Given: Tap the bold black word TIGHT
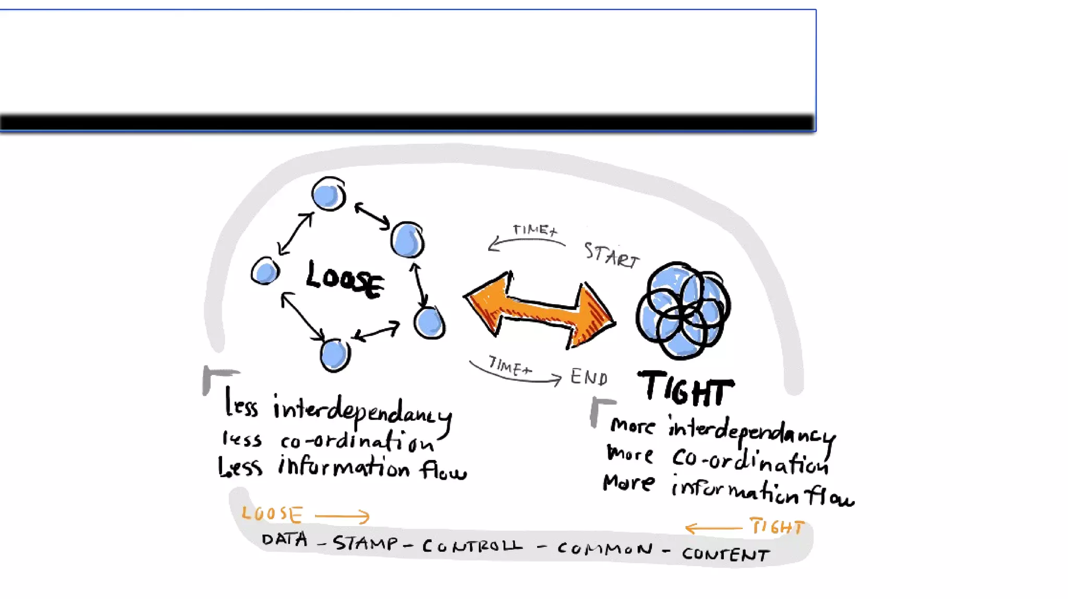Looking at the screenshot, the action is (685, 389).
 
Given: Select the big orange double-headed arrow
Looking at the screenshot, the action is (540, 309).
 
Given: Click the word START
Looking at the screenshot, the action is (611, 255).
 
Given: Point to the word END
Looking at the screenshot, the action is (589, 377).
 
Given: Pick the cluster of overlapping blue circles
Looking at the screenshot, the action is (683, 310).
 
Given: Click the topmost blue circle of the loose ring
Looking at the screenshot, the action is (329, 194).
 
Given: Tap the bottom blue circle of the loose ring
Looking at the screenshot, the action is (334, 355).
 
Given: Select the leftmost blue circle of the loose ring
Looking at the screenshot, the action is (265, 271).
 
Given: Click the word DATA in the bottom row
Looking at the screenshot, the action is (284, 539).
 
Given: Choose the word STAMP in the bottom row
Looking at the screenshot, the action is (366, 543).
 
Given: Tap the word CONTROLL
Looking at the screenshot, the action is (472, 546).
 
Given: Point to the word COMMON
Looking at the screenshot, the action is (605, 548).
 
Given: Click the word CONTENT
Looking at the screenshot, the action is (725, 554).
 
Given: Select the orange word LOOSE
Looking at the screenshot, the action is (272, 514).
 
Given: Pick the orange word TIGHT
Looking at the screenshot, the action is (776, 527).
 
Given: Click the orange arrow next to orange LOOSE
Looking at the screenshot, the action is (342, 516).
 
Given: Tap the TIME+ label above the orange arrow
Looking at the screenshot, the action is (535, 230).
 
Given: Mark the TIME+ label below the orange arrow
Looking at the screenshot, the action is (509, 366).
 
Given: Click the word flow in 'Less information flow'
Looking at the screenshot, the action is (443, 470).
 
